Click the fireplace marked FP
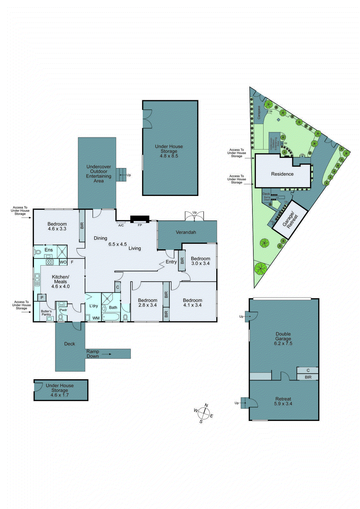(139, 219)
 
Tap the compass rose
(203, 414)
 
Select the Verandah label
(186, 232)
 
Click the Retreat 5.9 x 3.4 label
(283, 401)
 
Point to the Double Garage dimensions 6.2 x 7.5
(283, 344)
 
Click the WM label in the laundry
(96, 318)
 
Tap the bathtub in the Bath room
(110, 317)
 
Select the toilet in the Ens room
(38, 252)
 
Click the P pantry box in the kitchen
(42, 298)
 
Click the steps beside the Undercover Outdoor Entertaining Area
(121, 175)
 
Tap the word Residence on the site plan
(282, 174)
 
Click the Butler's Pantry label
(46, 313)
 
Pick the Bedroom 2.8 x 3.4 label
(147, 303)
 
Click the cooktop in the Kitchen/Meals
(50, 262)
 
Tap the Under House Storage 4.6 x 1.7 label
(60, 390)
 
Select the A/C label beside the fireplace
(121, 225)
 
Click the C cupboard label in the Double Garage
(308, 370)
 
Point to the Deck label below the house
(69, 344)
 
